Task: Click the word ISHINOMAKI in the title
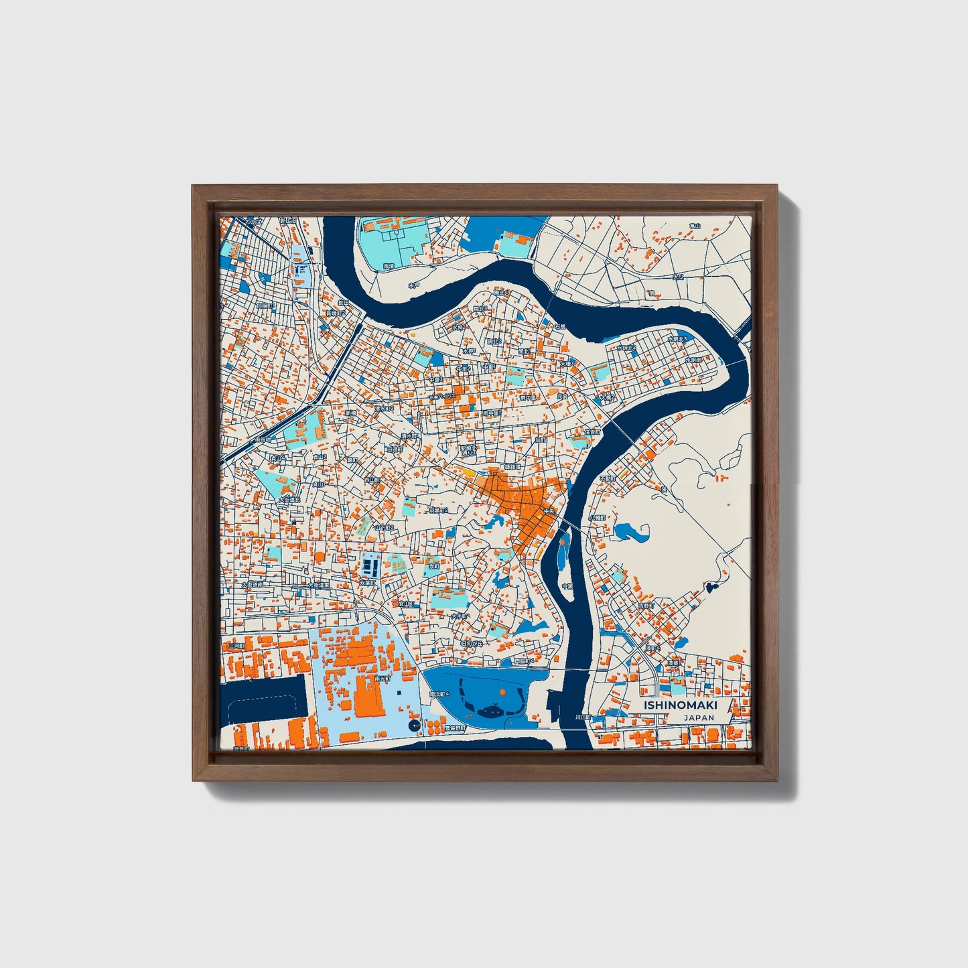680,705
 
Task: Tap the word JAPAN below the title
699,717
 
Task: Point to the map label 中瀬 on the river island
567,586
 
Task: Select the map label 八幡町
596,518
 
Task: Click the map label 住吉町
592,432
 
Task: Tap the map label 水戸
414,285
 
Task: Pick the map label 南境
389,266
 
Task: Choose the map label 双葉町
367,583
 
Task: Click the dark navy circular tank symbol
413,725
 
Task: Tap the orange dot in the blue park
502,692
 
